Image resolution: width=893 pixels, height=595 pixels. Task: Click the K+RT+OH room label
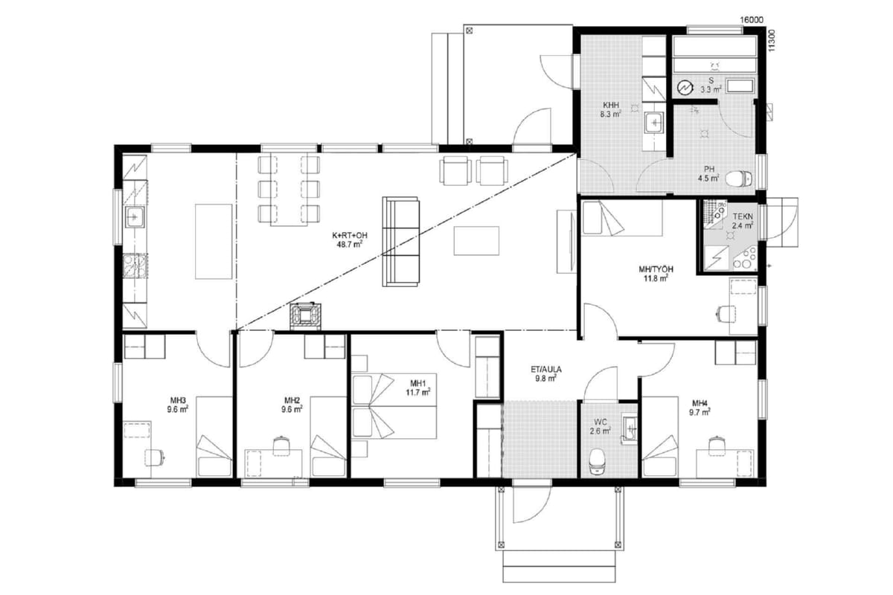point(349,236)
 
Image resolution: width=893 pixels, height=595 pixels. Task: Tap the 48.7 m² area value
point(349,245)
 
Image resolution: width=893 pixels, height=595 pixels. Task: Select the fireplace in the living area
point(305,316)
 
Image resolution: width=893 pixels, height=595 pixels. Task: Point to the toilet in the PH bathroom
point(739,178)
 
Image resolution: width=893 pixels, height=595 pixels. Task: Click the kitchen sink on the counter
point(135,216)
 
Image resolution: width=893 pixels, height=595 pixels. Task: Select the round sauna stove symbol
point(685,88)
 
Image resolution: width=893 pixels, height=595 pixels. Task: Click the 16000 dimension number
point(752,20)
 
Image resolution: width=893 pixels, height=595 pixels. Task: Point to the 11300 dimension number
point(772,41)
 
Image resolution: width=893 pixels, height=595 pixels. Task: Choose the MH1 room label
point(418,383)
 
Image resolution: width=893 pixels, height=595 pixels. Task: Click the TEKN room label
point(743,216)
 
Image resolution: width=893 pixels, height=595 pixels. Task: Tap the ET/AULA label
point(545,370)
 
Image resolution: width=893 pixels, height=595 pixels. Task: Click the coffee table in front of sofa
point(476,241)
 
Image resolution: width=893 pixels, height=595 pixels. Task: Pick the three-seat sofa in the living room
point(400,242)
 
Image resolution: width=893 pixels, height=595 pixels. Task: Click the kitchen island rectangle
point(214,242)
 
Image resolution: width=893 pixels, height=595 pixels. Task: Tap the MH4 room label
point(700,403)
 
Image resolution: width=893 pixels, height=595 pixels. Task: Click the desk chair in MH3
point(155,457)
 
